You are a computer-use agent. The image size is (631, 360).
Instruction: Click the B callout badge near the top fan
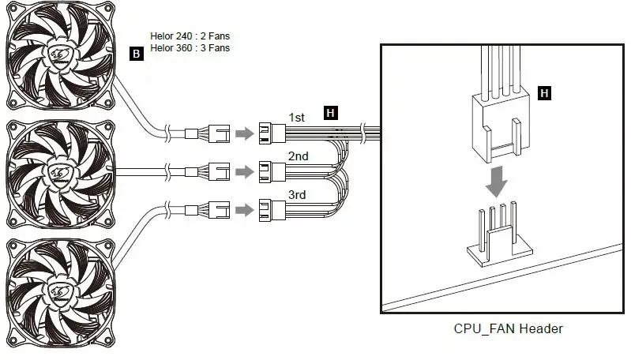pyautogui.click(x=137, y=54)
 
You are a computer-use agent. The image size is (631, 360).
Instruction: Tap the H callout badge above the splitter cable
pyautogui.click(x=330, y=113)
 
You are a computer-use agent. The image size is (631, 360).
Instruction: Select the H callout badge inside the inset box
pyautogui.click(x=543, y=93)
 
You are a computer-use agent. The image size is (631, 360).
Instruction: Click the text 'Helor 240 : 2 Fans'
pyautogui.click(x=190, y=36)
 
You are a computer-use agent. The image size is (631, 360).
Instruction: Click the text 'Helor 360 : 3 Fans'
pyautogui.click(x=190, y=48)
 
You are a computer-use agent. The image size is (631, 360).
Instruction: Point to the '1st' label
pyautogui.click(x=297, y=118)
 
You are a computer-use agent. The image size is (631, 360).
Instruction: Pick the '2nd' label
pyautogui.click(x=298, y=156)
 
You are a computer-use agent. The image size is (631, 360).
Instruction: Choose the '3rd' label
pyautogui.click(x=297, y=194)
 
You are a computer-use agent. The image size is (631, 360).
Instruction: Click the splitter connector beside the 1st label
pyautogui.click(x=272, y=133)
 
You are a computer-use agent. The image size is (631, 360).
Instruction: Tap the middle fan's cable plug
pyautogui.click(x=218, y=171)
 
